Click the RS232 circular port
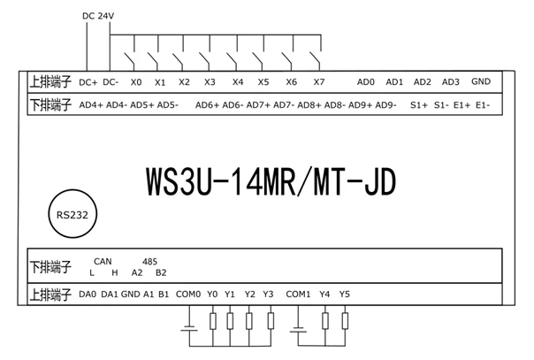[72, 213]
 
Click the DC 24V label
[98, 15]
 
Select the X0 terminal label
[135, 82]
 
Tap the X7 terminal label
[319, 82]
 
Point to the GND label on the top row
[481, 81]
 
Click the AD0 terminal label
[366, 82]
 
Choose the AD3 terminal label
[451, 82]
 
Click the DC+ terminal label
[88, 82]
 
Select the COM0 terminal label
[189, 294]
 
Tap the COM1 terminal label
[299, 294]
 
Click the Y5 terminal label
[345, 294]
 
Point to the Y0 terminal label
[212, 294]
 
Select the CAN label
[103, 262]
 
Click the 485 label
[149, 262]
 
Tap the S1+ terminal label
[419, 105]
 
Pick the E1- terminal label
[483, 105]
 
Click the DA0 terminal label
[88, 294]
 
